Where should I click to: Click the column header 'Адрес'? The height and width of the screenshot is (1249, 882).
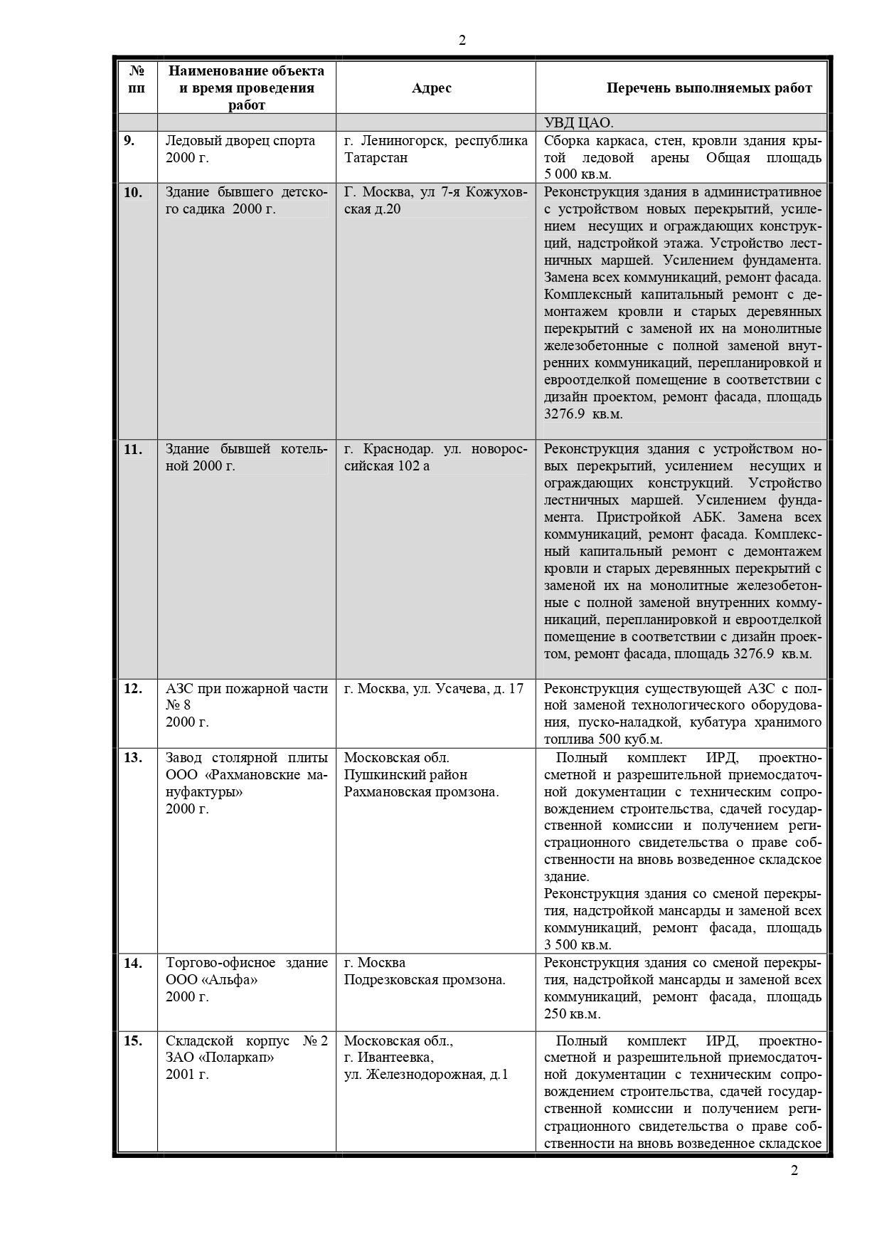pos(431,88)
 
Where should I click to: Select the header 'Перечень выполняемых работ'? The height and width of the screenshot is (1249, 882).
pos(708,88)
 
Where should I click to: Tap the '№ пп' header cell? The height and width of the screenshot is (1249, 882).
pos(137,80)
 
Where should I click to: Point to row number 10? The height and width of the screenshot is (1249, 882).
pos(133,192)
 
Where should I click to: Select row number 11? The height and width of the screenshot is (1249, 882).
pos(133,449)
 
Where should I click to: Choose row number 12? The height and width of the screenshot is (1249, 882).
pos(133,688)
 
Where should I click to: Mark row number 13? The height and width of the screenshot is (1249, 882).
pos(133,757)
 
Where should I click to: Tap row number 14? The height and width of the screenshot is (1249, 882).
pos(133,963)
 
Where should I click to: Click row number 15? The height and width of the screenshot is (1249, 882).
pos(133,1040)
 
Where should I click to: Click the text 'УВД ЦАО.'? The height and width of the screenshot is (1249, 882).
pos(578,122)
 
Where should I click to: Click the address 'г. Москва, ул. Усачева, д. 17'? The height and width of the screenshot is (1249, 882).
pos(433,688)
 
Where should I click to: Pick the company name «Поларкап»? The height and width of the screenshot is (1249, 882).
pos(239,1058)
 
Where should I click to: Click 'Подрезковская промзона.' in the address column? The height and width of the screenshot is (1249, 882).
pos(425,980)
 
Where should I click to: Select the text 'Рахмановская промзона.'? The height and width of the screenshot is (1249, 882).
pos(421,791)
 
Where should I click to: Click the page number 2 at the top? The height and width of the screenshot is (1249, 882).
pos(462,41)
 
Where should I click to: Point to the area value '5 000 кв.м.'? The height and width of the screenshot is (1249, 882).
pos(578,174)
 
